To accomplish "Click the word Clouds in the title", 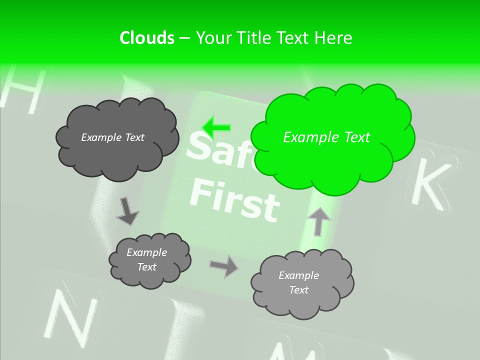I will click(x=146, y=38).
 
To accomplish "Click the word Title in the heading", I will click(x=254, y=38).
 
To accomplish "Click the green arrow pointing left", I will click(x=216, y=128).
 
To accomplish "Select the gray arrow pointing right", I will click(x=223, y=266).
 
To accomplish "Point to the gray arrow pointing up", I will click(x=319, y=220).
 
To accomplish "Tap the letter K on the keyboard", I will click(x=429, y=184).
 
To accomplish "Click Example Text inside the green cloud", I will click(x=326, y=137).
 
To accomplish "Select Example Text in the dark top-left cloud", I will click(x=112, y=137).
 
